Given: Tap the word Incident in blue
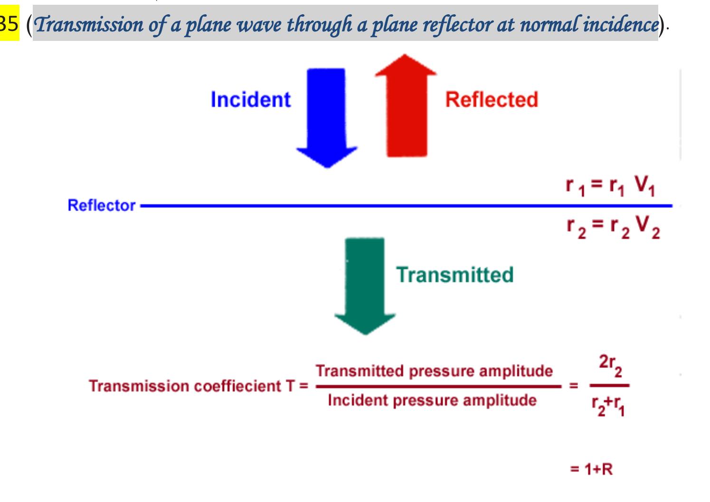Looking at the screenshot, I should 250,100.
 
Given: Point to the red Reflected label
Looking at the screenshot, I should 492,100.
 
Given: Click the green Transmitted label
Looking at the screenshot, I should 455,275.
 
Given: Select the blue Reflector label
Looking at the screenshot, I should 102,205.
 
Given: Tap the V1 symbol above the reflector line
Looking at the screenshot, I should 644,185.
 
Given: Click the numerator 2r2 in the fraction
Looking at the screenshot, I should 610,364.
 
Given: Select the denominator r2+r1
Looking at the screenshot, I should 608,405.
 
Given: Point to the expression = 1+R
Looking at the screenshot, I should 592,469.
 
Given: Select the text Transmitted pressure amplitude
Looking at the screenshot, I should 434,371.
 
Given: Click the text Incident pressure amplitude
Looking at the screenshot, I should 432,400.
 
